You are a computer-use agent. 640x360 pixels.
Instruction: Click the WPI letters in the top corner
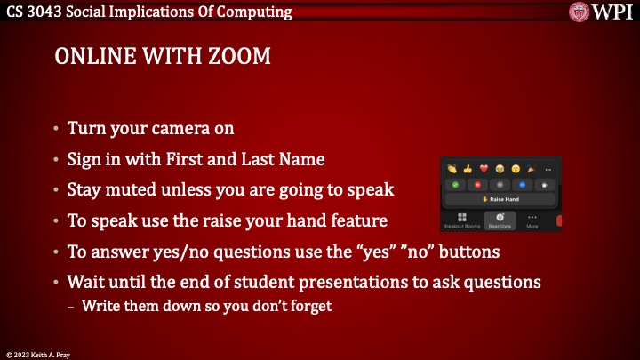pos(612,12)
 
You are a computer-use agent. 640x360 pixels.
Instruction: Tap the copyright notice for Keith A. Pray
pos(41,355)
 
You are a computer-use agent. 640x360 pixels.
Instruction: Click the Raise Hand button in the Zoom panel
pos(501,199)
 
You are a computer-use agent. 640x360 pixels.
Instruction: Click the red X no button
pos(477,184)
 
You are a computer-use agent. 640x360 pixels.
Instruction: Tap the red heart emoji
pos(484,168)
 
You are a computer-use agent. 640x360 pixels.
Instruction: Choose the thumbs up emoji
pos(468,168)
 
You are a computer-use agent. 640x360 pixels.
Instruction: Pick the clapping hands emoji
pos(452,168)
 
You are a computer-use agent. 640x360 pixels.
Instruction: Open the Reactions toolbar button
pos(500,219)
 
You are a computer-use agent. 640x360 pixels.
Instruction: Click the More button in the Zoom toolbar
pos(532,219)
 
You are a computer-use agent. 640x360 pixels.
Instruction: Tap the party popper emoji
pos(532,168)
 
